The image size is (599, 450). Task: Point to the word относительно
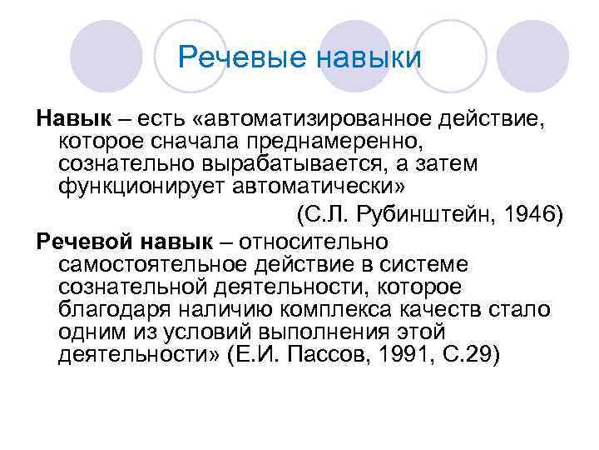coord(318,243)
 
